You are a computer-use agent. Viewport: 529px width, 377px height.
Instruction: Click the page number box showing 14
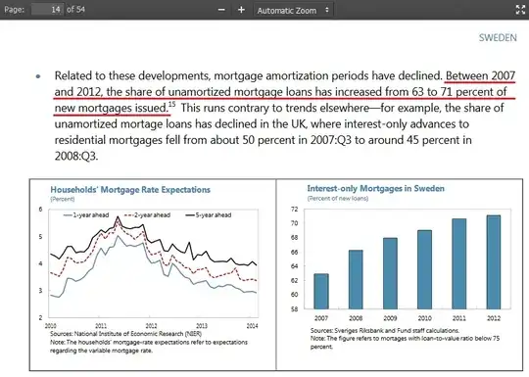point(47,9)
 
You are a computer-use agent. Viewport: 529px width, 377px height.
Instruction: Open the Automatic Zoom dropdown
point(295,9)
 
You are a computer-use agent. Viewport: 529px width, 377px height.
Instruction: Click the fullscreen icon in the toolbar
point(519,9)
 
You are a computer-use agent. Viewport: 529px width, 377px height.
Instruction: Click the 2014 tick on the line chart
point(251,324)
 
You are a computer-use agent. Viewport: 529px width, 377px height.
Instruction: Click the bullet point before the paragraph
point(37,76)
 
